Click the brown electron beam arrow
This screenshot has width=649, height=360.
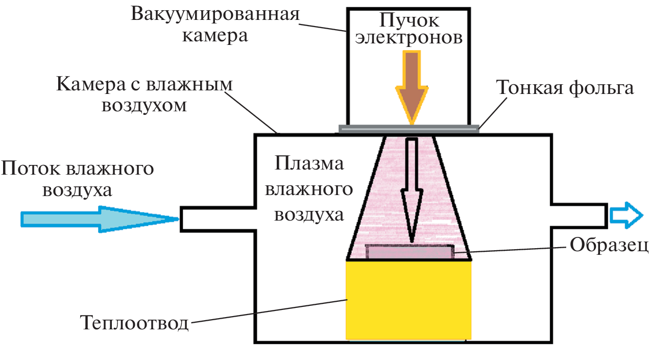point(412,84)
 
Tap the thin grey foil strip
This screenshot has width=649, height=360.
point(408,129)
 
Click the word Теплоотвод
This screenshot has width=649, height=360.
point(134,323)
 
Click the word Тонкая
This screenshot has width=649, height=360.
point(528,88)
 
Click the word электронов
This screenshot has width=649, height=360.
point(409,38)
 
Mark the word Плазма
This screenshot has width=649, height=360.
point(308,164)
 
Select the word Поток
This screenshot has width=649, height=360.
point(31,168)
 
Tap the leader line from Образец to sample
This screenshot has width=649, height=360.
point(511,249)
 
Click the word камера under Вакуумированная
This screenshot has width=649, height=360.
point(215,36)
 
